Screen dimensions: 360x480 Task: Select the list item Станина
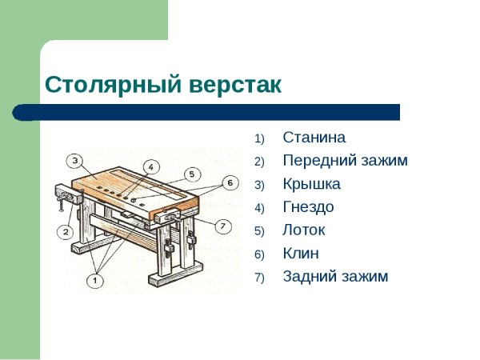tap(314, 138)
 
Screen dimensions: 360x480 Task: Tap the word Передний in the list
tap(316, 161)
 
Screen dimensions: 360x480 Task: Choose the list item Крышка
tap(311, 184)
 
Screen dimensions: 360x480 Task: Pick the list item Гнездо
tap(308, 207)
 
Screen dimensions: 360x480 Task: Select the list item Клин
tap(301, 254)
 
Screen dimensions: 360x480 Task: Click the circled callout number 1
tap(94, 280)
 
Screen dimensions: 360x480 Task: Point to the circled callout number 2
tap(65, 232)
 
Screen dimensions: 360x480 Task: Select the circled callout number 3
tap(74, 161)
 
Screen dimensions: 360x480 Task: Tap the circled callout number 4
tap(150, 166)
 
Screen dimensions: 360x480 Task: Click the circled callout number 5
tap(190, 174)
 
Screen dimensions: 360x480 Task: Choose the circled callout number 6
tap(229, 182)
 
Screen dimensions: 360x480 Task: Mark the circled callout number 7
tap(223, 225)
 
